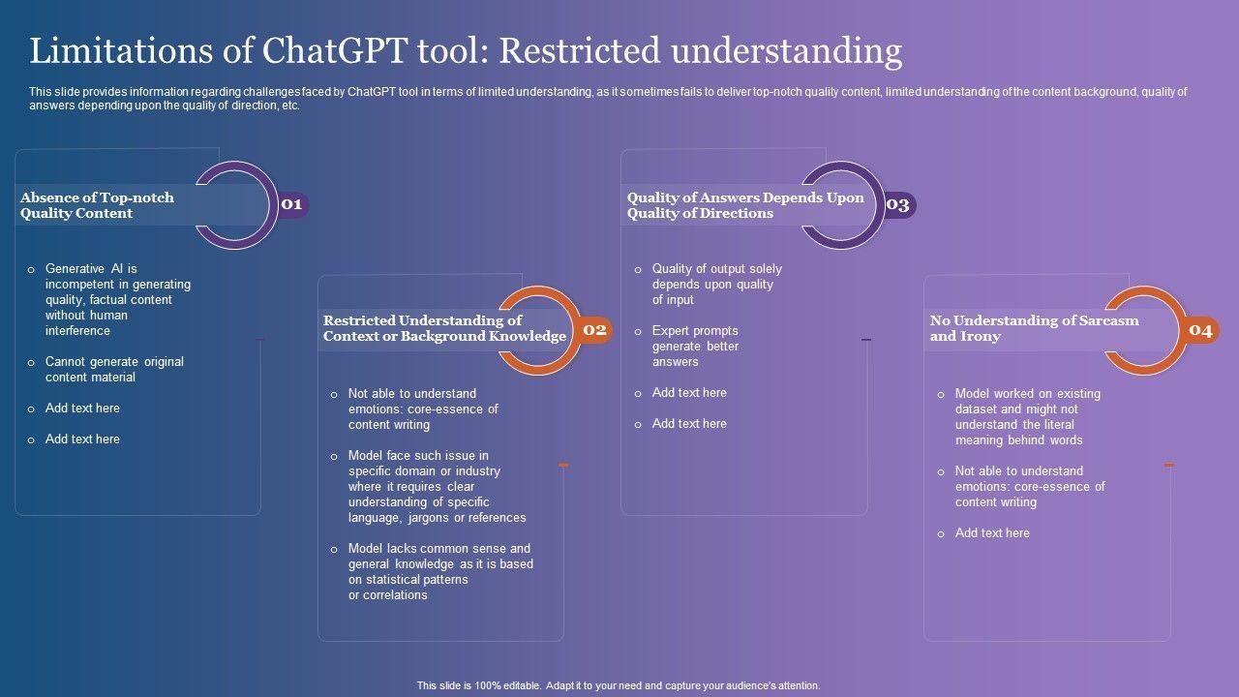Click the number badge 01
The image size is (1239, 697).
292,204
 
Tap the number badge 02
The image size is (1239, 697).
594,330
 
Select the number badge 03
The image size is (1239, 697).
897,204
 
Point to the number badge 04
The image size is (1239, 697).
1200,330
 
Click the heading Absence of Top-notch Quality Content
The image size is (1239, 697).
97,205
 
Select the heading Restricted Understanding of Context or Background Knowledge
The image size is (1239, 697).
444,328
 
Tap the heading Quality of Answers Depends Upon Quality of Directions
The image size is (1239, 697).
745,205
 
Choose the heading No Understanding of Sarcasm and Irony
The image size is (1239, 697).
1034,328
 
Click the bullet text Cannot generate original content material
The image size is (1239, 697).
114,369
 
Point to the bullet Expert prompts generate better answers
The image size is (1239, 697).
695,346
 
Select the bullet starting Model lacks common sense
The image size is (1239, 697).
440,571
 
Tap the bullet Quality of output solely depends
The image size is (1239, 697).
716,284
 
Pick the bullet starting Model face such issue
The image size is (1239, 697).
437,486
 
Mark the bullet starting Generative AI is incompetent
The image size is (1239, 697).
117,299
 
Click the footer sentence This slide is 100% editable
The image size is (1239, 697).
619,685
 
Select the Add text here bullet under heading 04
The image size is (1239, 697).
992,532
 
